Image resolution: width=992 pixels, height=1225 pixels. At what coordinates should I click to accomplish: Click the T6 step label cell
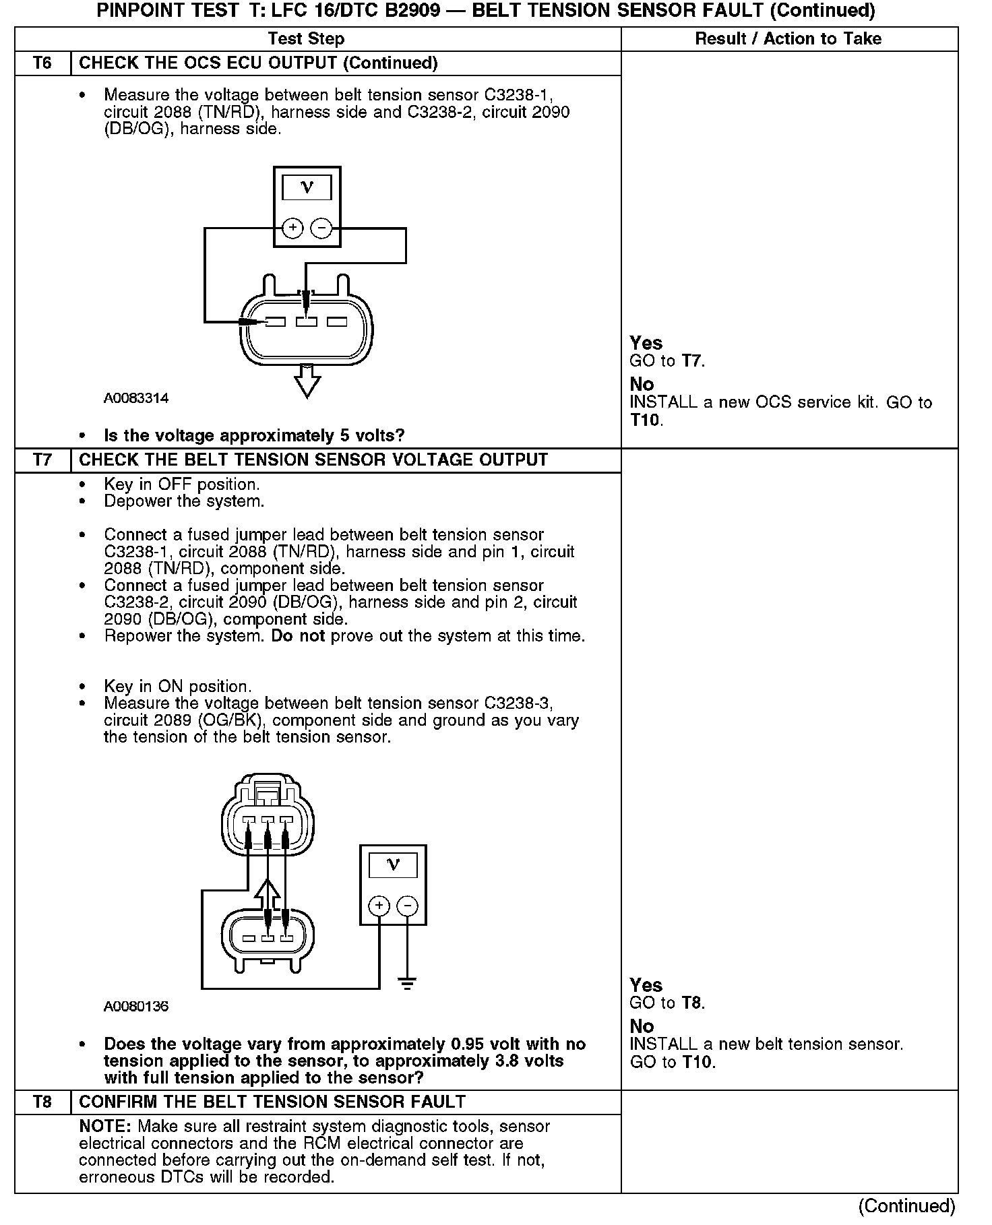(x=42, y=63)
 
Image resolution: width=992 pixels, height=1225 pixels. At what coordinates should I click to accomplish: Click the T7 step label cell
(x=42, y=460)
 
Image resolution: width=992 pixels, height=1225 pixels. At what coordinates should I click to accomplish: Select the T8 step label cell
(x=42, y=1102)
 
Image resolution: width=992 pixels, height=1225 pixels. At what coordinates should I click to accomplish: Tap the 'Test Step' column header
(x=306, y=39)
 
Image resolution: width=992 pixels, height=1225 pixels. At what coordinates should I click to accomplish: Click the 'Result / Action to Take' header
(x=788, y=39)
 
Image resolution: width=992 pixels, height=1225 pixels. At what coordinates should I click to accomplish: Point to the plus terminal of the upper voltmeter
(x=292, y=228)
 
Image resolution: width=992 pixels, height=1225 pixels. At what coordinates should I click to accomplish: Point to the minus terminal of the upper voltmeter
(x=321, y=228)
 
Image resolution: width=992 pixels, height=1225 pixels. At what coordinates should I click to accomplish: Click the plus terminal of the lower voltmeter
(x=379, y=906)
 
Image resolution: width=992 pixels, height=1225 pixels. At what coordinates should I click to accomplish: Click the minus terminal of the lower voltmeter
(x=407, y=906)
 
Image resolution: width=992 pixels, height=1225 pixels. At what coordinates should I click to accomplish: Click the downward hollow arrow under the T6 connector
(x=307, y=381)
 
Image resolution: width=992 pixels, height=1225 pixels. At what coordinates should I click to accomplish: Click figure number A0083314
(x=135, y=398)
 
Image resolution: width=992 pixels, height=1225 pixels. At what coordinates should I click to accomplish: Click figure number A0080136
(x=135, y=1007)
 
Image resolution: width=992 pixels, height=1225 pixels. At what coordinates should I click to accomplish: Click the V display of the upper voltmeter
(x=307, y=188)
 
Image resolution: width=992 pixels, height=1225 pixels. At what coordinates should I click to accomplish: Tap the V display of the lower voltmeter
(x=393, y=865)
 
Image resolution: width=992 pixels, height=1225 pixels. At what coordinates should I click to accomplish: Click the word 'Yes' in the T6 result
(x=646, y=343)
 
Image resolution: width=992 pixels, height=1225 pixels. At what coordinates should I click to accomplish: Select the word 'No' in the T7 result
(x=642, y=1026)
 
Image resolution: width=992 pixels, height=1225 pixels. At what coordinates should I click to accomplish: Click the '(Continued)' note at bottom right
(x=906, y=1205)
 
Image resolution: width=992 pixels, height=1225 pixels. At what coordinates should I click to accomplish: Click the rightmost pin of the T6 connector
(x=337, y=323)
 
